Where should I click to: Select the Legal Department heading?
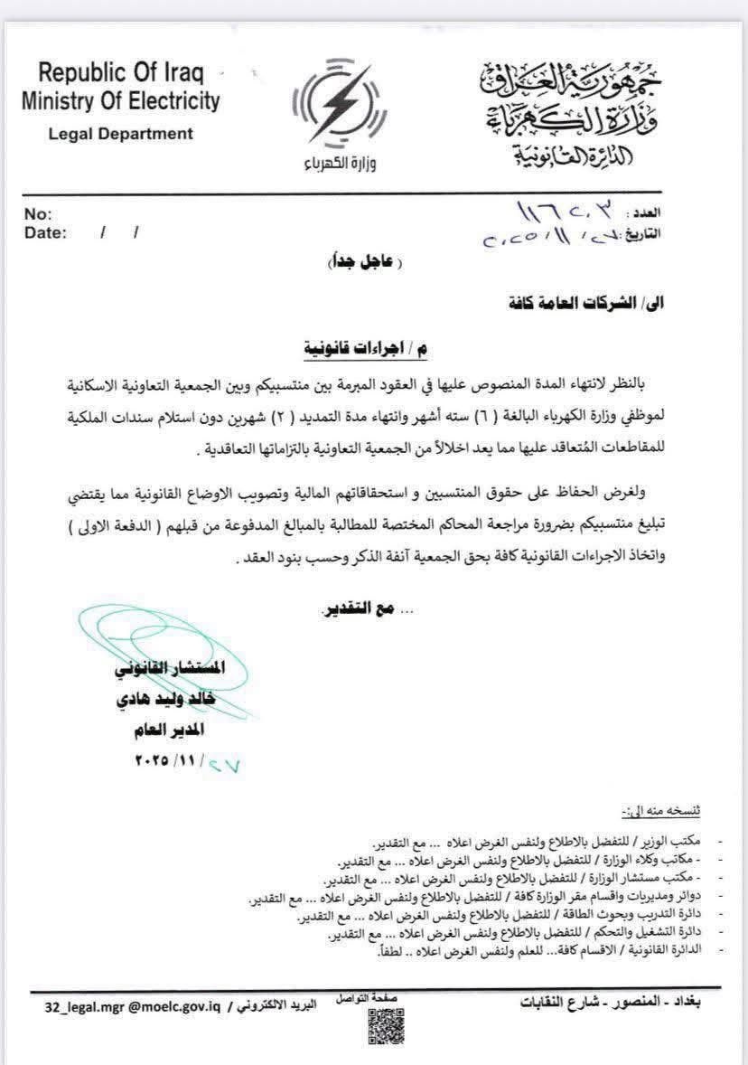click(121, 134)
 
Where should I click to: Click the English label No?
click(38, 215)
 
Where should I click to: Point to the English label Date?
click(46, 233)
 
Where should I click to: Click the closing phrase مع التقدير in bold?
click(361, 610)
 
